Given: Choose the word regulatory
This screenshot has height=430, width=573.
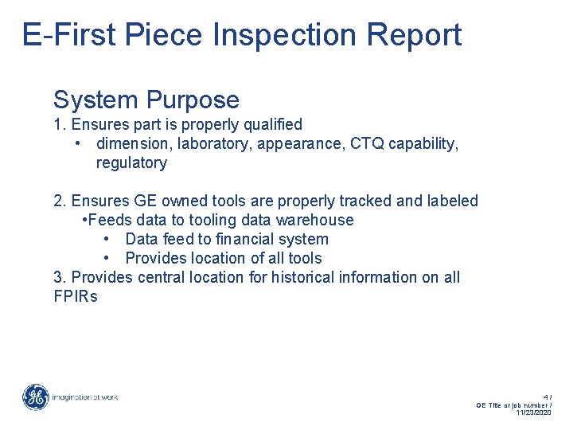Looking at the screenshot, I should click(131, 162).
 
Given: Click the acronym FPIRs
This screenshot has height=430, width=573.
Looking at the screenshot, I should click(75, 296).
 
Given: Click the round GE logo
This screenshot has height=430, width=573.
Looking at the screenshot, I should click(35, 397).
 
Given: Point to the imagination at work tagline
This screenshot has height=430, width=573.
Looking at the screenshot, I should click(84, 397).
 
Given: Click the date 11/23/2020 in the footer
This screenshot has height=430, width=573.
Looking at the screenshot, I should click(533, 412).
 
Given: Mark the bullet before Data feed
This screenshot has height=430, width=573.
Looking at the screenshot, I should click(106, 239).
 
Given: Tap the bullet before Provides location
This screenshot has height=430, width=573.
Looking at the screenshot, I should click(106, 258).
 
